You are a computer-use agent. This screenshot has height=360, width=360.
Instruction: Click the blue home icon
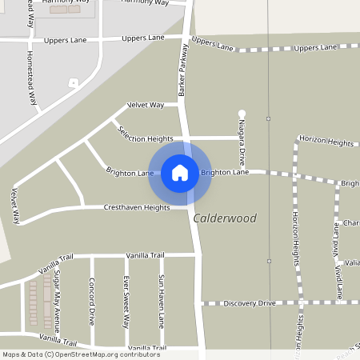180,172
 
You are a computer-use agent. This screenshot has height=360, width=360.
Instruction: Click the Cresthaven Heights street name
137,208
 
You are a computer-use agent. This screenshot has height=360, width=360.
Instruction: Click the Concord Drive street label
92,301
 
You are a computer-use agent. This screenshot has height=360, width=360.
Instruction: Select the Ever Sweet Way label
126,302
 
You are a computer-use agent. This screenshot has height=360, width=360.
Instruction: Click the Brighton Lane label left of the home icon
130,172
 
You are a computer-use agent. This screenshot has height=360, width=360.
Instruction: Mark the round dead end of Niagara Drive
242,114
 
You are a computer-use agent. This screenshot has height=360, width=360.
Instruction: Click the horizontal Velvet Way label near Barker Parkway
146,105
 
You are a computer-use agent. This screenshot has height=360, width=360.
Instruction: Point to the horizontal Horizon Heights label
326,141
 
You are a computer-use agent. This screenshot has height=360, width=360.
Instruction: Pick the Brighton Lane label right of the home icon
225,172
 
